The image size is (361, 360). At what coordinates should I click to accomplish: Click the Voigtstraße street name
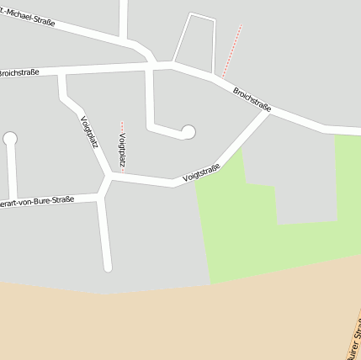point(201,173)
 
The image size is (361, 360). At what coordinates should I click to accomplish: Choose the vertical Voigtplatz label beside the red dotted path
point(123,150)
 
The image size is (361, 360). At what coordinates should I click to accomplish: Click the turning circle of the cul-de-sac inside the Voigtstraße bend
point(188,131)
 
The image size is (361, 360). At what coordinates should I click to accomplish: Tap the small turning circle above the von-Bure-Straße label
point(10,139)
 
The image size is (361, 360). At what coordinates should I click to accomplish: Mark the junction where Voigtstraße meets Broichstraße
point(268,113)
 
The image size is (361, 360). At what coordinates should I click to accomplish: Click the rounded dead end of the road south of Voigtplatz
point(108,267)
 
